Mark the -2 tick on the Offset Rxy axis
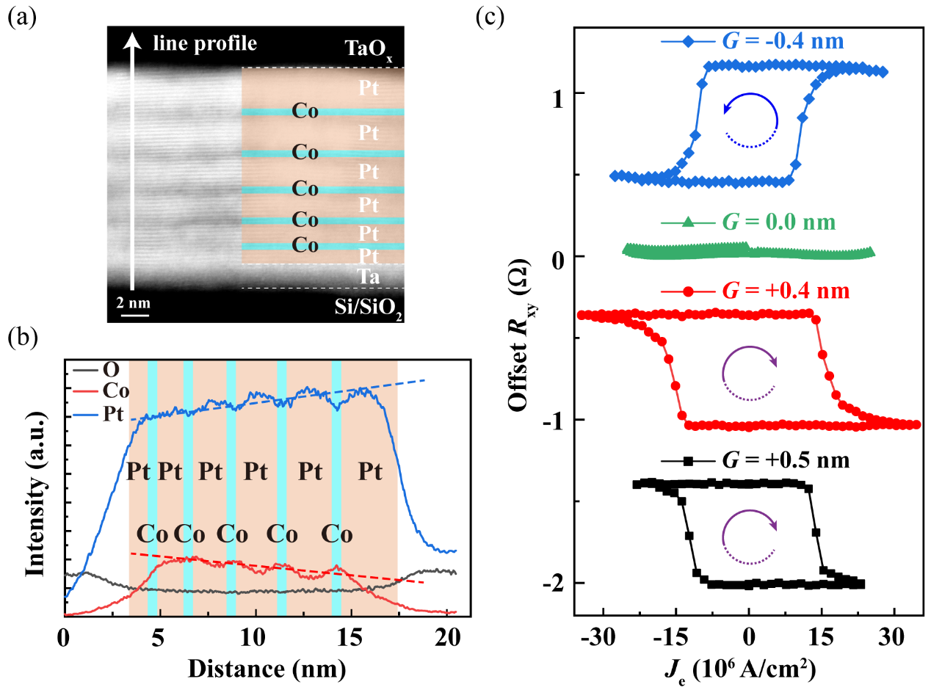click(x=557, y=583)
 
